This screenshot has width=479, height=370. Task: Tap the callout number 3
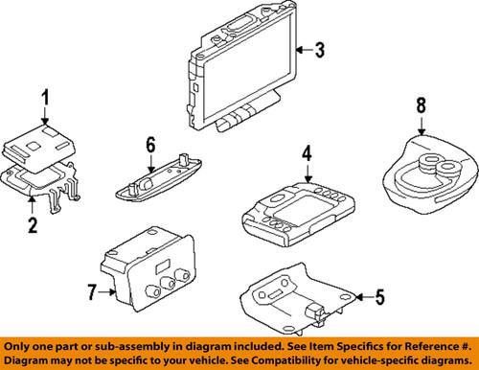321,50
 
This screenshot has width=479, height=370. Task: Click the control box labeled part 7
144,265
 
